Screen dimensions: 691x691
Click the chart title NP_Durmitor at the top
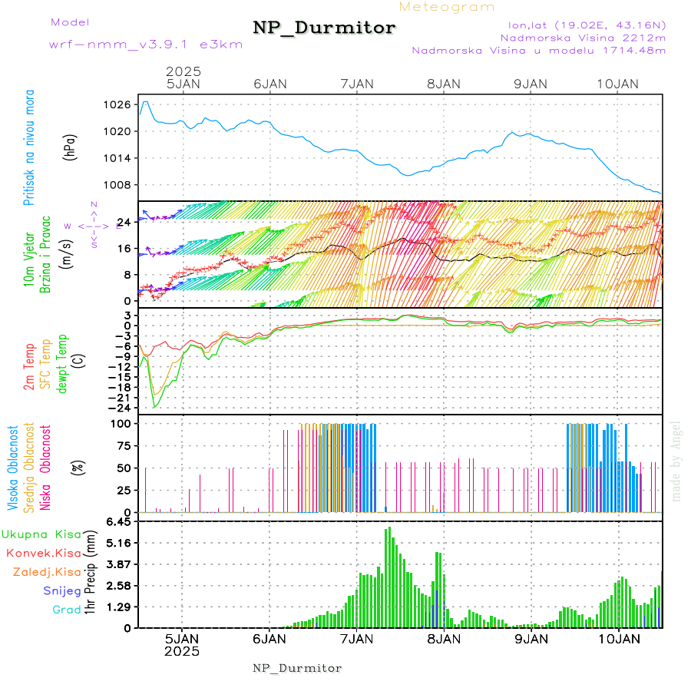coord(324,28)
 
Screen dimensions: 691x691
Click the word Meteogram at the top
coord(447,7)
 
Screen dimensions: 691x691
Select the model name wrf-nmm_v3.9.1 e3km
coord(145,45)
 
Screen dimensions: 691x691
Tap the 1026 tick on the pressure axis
coord(119,104)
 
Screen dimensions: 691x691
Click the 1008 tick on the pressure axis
coord(119,185)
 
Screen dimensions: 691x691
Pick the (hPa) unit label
coord(70,146)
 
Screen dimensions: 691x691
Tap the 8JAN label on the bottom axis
coord(444,638)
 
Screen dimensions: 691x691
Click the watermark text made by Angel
coord(676,461)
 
